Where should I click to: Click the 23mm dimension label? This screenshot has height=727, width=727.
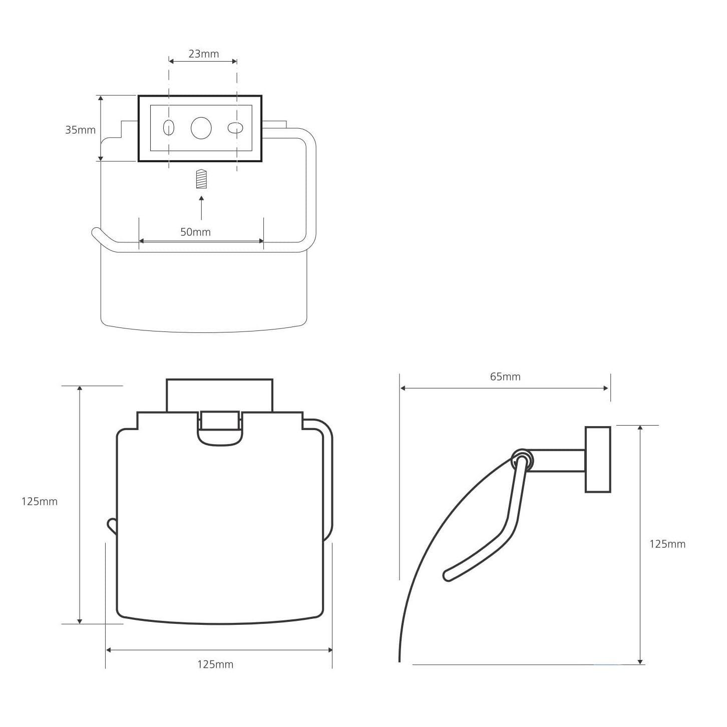click(204, 54)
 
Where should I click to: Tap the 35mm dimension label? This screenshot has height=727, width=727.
click(80, 130)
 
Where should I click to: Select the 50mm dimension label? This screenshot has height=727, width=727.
click(195, 232)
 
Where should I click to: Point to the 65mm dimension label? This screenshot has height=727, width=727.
click(505, 377)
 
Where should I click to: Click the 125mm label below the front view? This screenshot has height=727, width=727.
click(215, 664)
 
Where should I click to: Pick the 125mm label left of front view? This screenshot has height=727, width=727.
click(39, 501)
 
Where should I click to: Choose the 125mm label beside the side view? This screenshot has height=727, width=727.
click(667, 544)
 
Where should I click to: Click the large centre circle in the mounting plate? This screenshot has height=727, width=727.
click(201, 128)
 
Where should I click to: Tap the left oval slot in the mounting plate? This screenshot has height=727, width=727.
click(169, 128)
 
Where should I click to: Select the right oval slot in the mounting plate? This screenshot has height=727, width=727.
click(235, 128)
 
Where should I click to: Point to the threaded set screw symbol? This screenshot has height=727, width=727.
click(201, 179)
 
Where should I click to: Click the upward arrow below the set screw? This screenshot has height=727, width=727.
click(201, 208)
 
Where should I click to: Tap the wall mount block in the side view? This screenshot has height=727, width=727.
click(598, 460)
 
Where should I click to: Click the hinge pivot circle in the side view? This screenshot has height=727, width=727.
click(522, 460)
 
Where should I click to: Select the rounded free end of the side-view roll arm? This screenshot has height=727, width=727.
click(448, 576)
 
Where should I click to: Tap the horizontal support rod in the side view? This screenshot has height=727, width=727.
click(558, 460)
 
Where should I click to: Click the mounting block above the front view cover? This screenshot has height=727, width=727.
click(220, 395)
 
